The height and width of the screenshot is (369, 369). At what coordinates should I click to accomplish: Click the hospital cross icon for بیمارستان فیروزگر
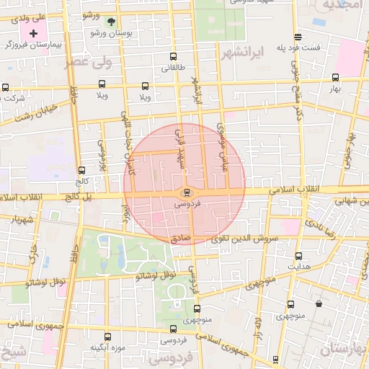tap(33, 33)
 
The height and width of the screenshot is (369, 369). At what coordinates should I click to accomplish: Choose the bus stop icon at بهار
tap(335, 78)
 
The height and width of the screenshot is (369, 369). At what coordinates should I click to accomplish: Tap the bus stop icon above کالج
tap(81, 172)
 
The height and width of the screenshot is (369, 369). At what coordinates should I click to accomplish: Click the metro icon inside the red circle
tap(187, 192)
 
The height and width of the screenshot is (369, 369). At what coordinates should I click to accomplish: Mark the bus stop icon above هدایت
tap(298, 255)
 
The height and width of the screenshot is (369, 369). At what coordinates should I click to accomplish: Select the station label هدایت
tap(298, 267)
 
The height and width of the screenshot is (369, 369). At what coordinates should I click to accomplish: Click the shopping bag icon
tap(319, 303)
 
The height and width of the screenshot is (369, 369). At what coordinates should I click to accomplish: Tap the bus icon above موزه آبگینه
tap(108, 336)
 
